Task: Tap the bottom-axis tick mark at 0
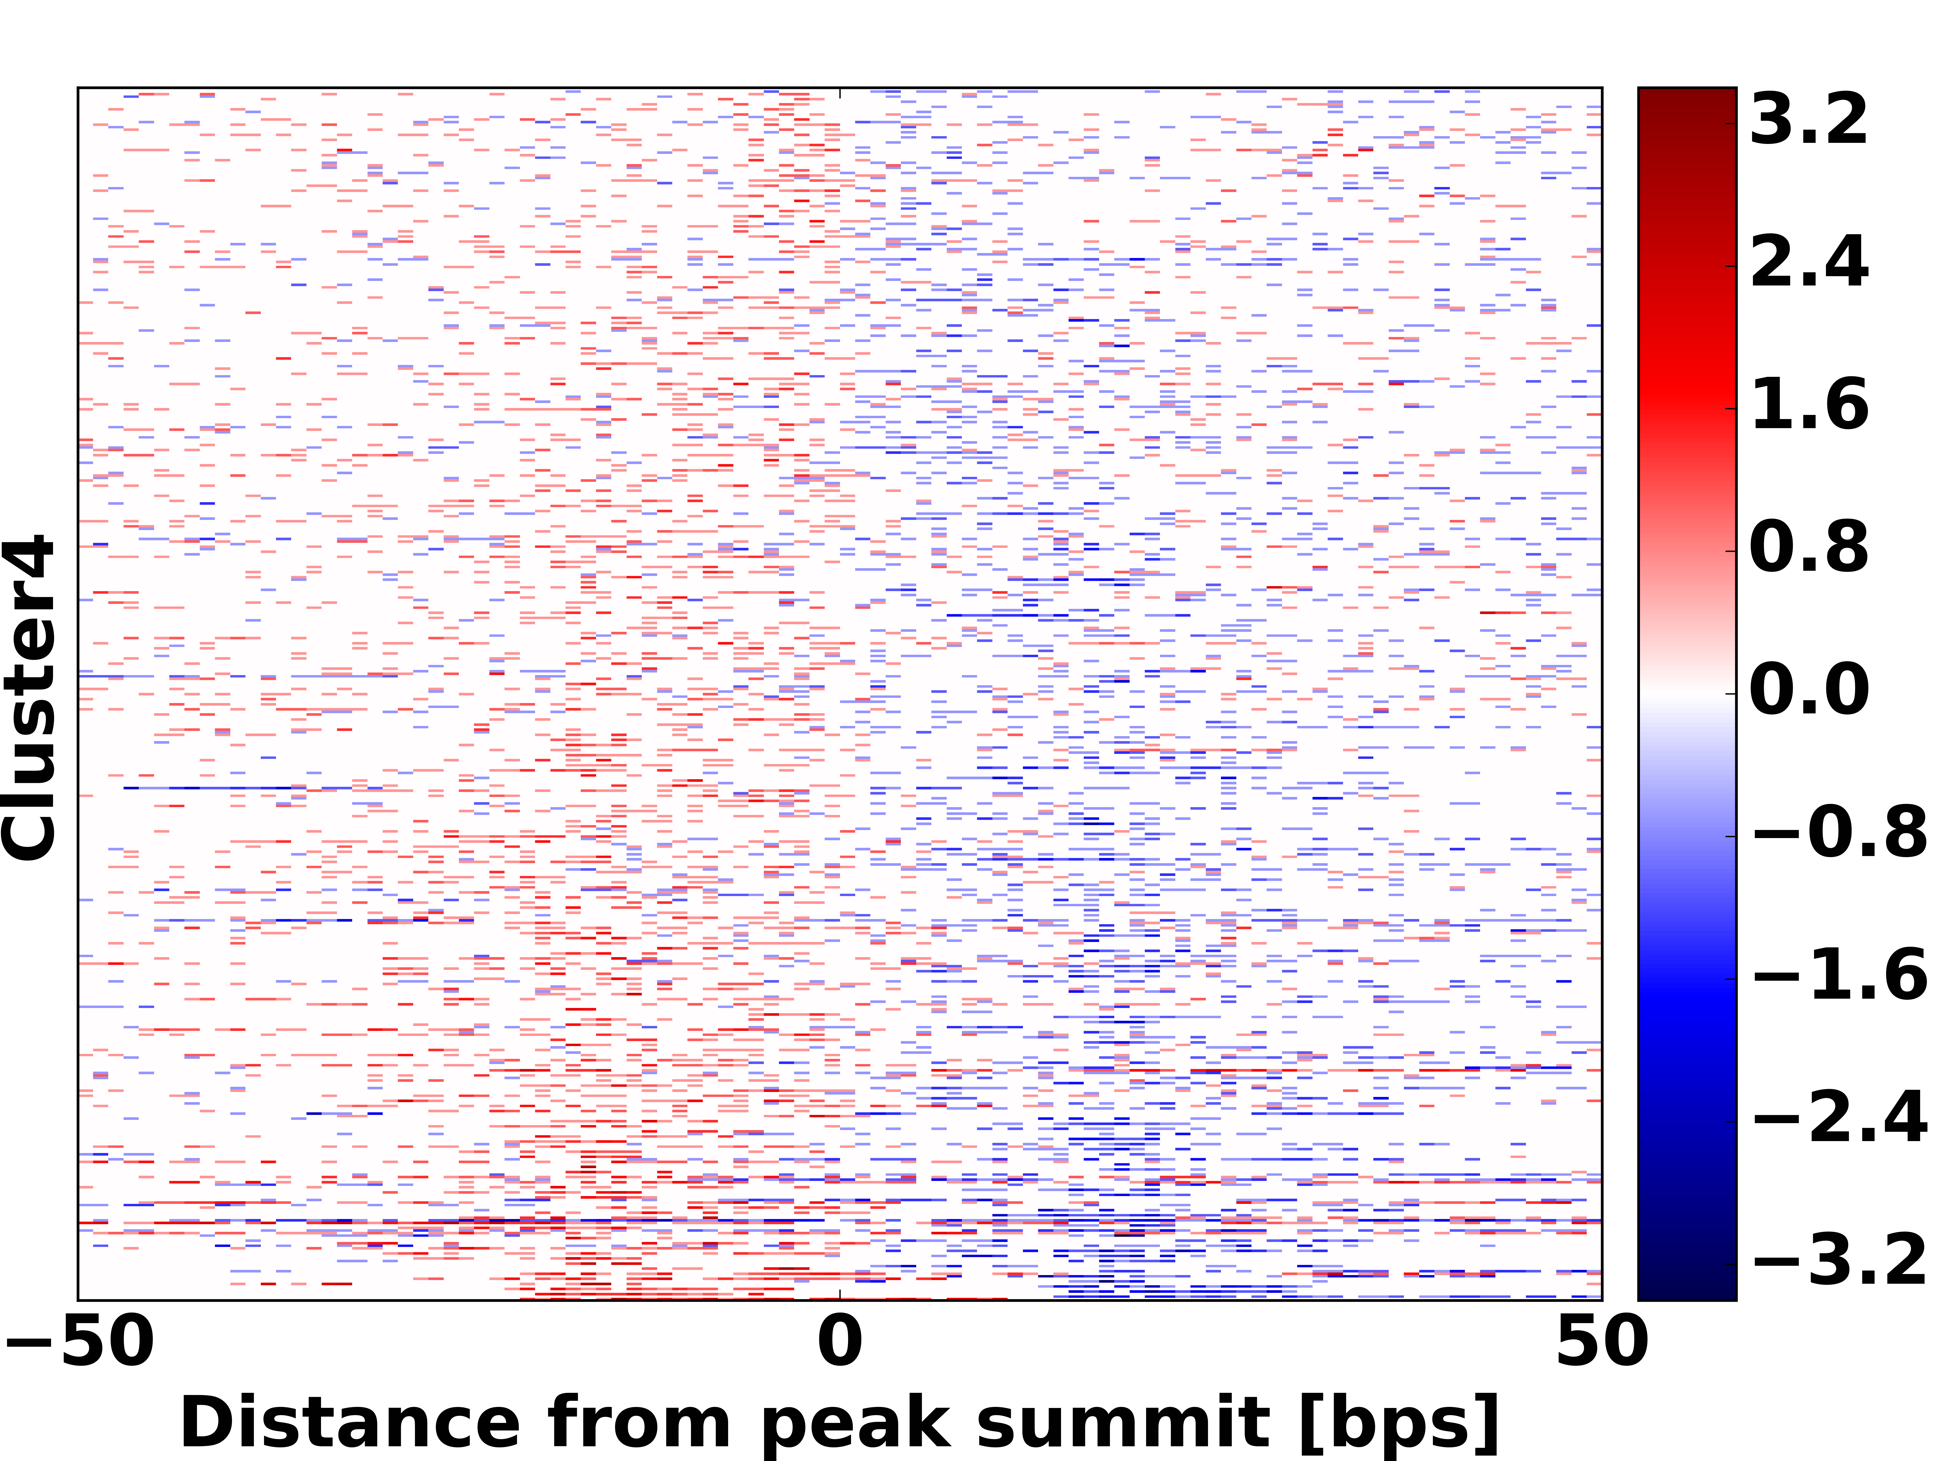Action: [x=840, y=1294]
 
